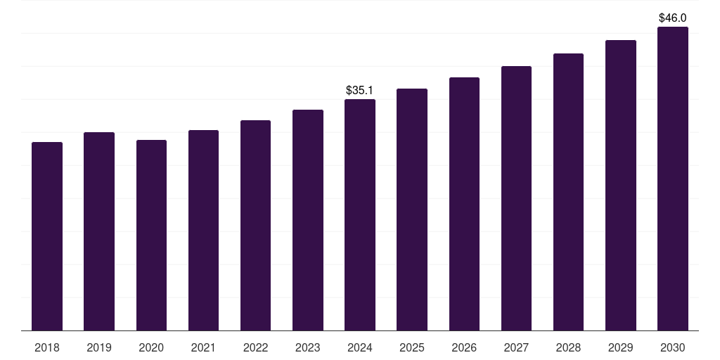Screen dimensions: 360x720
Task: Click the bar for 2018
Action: (47, 236)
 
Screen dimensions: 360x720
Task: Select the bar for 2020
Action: (151, 236)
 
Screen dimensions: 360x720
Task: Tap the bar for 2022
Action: (255, 226)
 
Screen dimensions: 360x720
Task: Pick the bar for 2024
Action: (360, 215)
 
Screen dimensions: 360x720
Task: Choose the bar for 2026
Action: (464, 204)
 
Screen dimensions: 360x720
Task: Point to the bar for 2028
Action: (568, 192)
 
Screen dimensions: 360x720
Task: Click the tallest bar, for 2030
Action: (673, 179)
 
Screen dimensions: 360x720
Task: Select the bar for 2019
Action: (99, 231)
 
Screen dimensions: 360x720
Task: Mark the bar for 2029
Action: (621, 186)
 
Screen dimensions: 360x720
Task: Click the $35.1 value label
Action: (360, 91)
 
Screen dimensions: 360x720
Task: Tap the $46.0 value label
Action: (673, 18)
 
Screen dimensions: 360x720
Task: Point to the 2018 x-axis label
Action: (47, 347)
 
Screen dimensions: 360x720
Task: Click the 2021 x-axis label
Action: (203, 347)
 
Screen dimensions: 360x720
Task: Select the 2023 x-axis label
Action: (308, 347)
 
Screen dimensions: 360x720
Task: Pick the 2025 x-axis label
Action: (412, 347)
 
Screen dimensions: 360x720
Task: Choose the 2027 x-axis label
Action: (516, 347)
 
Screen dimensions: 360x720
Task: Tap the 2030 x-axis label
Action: (673, 347)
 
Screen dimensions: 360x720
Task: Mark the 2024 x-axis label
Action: (360, 347)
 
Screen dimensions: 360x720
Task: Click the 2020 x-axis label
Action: (151, 347)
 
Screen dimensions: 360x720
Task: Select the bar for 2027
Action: (516, 198)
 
